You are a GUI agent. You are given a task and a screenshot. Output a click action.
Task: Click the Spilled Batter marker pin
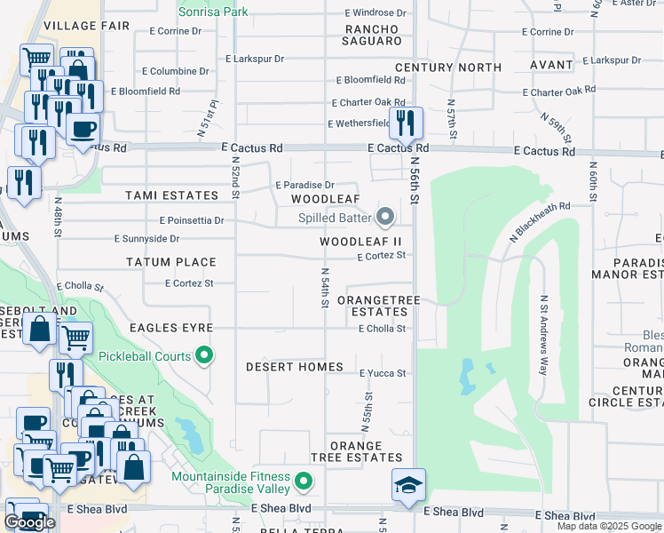tap(385, 216)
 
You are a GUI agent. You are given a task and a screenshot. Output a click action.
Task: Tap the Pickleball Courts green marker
tap(205, 356)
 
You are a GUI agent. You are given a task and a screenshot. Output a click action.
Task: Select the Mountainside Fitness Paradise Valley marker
tap(304, 482)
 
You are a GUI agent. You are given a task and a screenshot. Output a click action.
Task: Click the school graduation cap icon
tap(408, 486)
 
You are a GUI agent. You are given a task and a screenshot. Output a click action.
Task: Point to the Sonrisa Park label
tap(213, 12)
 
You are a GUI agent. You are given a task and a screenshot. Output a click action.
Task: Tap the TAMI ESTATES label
tap(171, 195)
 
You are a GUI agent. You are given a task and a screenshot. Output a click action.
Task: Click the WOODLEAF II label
tap(360, 241)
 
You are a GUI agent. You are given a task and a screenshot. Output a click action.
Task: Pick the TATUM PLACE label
tap(170, 262)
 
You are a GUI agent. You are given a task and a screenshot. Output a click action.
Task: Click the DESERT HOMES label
tap(294, 367)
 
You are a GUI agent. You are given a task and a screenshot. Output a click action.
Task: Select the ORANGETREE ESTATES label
tap(379, 306)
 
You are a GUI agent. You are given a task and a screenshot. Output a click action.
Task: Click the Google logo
tap(29, 522)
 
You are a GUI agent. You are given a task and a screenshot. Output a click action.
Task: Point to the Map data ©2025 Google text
tap(609, 526)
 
